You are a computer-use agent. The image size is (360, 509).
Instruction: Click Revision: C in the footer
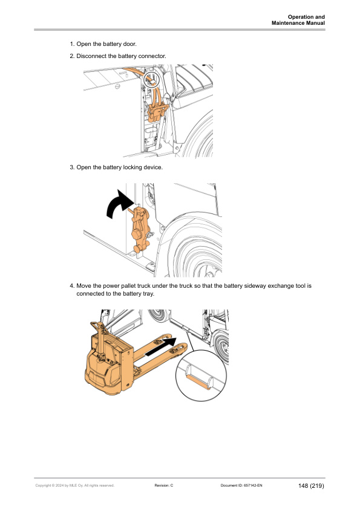tap(164, 485)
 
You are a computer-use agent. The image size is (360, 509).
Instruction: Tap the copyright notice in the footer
tap(74, 485)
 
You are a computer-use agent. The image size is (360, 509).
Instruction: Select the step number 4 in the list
tap(72, 285)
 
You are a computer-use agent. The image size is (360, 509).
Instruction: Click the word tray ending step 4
tap(146, 294)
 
